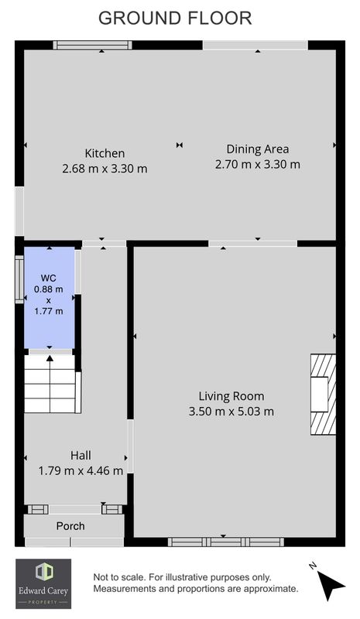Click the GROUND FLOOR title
(175, 19)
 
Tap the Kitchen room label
(105, 153)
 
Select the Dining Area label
(258, 149)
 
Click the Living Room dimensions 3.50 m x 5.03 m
(231, 412)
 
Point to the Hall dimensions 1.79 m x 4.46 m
(81, 470)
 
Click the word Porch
(70, 526)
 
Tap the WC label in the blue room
(48, 279)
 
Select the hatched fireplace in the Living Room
(323, 395)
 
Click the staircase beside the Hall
(50, 384)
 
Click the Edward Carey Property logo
(43, 583)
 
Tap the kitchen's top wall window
(92, 46)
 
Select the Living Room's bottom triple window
(225, 542)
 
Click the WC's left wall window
(19, 279)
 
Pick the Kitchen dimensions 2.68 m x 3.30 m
(105, 169)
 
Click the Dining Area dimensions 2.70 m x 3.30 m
(258, 164)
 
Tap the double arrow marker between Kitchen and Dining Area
(180, 145)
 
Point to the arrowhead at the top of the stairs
(50, 358)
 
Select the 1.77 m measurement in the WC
(48, 311)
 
